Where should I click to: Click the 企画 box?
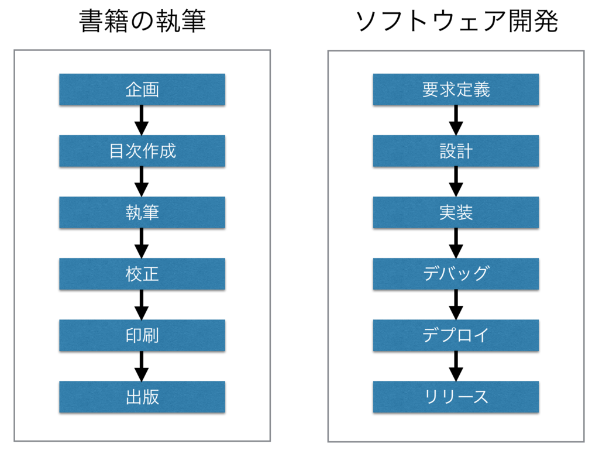pyautogui.click(x=142, y=90)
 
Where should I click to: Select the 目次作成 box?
pyautogui.click(x=142, y=151)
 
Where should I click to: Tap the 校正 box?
pyautogui.click(x=142, y=274)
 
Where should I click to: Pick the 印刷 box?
pyautogui.click(x=142, y=336)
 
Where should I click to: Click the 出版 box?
pyautogui.click(x=142, y=397)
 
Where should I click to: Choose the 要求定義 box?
pyautogui.click(x=456, y=90)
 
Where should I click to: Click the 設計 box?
pyautogui.click(x=456, y=151)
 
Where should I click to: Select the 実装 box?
pyautogui.click(x=456, y=212)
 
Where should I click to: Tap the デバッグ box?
pyautogui.click(x=456, y=274)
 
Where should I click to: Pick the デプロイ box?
pyautogui.click(x=456, y=336)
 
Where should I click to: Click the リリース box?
pyautogui.click(x=456, y=397)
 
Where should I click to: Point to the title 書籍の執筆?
pyautogui.click(x=142, y=21)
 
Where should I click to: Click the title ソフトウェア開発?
pyautogui.click(x=456, y=21)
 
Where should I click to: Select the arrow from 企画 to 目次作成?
pyautogui.click(x=142, y=121)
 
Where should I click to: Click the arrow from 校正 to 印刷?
pyautogui.click(x=142, y=305)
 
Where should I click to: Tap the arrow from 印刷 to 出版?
pyautogui.click(x=142, y=366)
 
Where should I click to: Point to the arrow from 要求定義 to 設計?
pyautogui.click(x=456, y=121)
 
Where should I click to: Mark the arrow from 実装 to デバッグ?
pyautogui.click(x=456, y=243)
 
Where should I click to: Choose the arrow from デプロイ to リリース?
pyautogui.click(x=456, y=366)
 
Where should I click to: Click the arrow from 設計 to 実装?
pyautogui.click(x=456, y=182)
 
